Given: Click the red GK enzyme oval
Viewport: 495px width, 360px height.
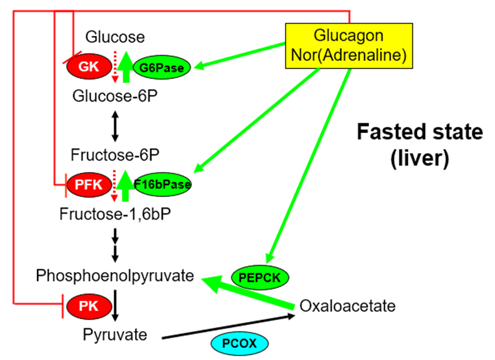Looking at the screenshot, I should point(88,67).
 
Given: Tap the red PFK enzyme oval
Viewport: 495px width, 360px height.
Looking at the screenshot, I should point(88,184).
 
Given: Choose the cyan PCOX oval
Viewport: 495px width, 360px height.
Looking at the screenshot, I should point(239,344).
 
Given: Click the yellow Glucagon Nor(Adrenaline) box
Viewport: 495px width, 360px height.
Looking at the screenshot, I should point(349,46).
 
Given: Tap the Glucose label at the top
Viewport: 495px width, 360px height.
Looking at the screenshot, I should point(115,37).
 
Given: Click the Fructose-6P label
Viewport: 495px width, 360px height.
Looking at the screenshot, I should point(115,156).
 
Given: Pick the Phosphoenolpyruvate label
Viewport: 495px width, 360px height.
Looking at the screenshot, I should point(115,276).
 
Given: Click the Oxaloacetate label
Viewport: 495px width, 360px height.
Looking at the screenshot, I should point(347,306).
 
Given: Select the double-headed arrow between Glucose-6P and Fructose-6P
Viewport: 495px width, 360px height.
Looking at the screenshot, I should point(116,126).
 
